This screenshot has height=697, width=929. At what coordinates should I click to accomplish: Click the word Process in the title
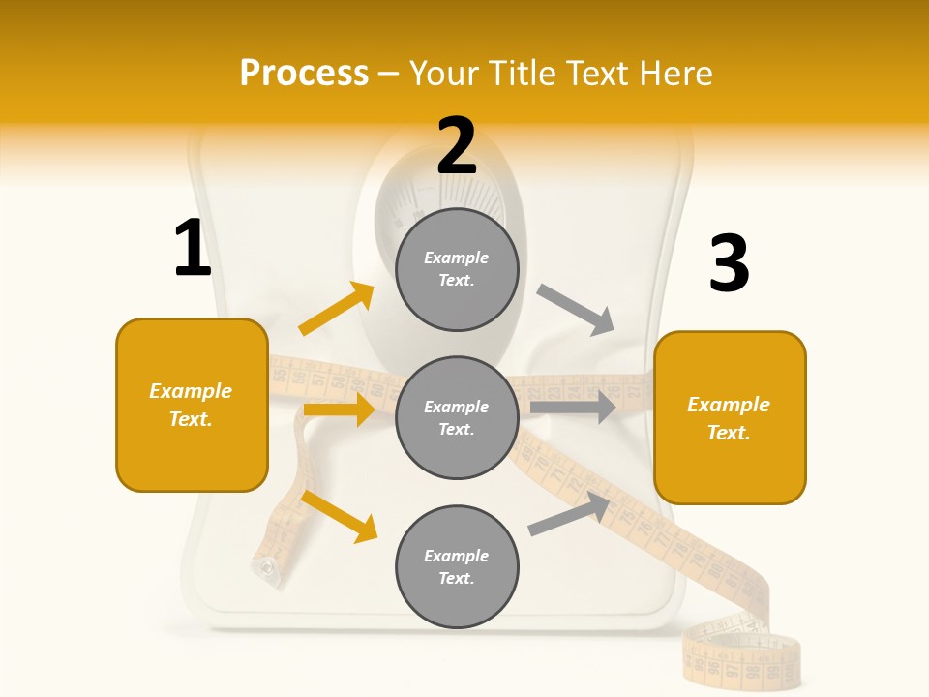[x=304, y=74]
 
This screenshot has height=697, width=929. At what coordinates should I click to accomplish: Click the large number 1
[x=193, y=249]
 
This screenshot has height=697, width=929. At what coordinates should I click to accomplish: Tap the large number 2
[x=457, y=146]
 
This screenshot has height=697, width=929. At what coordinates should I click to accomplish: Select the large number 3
[x=729, y=264]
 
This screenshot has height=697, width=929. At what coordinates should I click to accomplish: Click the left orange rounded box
[x=192, y=405]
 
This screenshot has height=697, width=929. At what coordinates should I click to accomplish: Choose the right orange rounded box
[x=730, y=417]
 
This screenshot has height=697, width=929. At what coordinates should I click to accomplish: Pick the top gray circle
[x=457, y=269]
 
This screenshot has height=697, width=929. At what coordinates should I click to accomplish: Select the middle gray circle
[x=457, y=417]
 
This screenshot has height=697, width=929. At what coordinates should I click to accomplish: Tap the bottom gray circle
[x=457, y=566]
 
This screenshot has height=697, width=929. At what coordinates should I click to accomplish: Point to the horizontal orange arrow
[x=339, y=409]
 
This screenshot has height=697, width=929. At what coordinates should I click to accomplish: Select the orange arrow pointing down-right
[x=339, y=516]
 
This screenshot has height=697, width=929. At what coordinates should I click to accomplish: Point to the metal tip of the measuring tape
[x=264, y=567]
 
